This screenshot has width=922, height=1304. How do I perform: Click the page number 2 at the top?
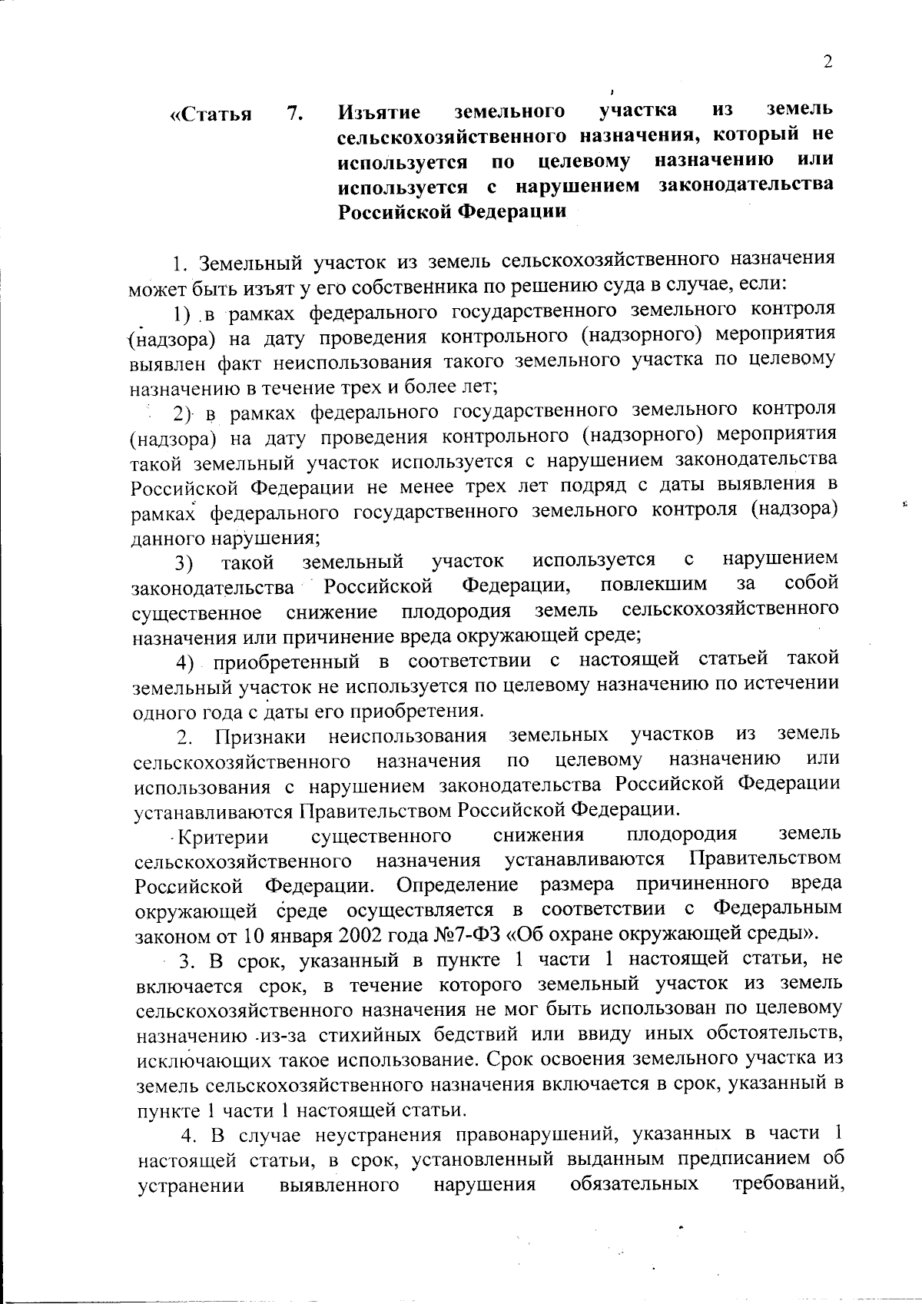pos(827,63)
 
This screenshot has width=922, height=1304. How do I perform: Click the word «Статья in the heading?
pos(211,115)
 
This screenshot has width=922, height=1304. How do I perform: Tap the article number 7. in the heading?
pos(295,114)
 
